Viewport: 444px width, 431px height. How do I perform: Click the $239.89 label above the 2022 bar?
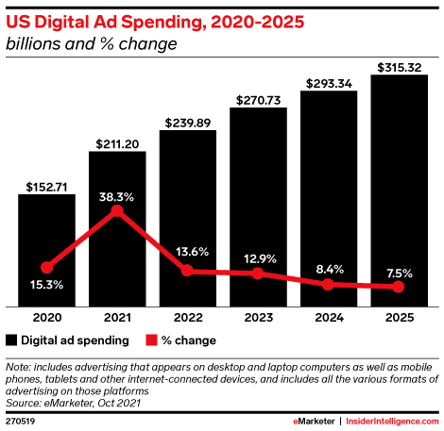coord(188,123)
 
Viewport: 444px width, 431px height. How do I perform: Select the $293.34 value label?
coord(329,84)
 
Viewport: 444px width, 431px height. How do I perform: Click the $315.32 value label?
coord(399,67)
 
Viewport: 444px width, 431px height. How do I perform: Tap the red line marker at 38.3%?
coord(117,210)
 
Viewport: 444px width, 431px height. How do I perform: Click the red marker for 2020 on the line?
coord(46,267)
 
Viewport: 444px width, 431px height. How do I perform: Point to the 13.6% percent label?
coord(188,253)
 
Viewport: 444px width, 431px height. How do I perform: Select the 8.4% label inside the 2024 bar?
coord(329,266)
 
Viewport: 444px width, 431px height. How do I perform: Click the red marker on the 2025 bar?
coord(399,287)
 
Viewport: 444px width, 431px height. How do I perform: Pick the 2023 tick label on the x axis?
coord(258,318)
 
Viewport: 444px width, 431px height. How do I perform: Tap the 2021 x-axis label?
coord(117,318)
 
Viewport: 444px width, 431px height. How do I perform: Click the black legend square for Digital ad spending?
coord(11,340)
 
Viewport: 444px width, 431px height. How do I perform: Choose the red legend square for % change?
coord(150,340)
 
